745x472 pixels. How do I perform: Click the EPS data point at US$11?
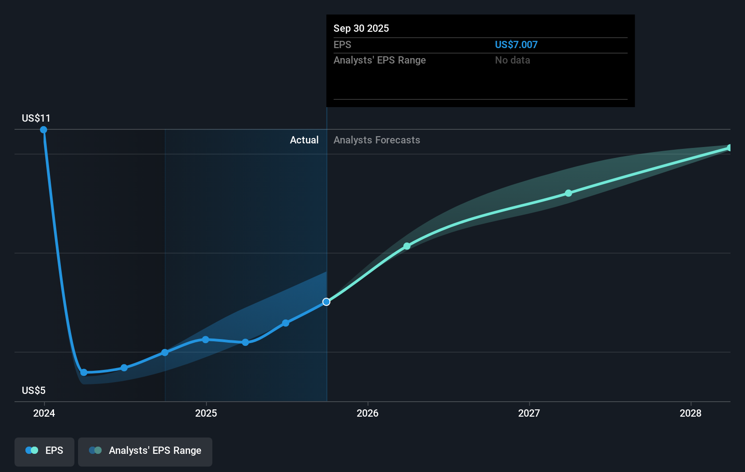coord(44,130)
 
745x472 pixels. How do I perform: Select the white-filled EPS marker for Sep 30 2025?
coord(326,302)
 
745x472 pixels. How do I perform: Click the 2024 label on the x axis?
coord(44,413)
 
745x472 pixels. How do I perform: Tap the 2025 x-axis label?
coord(206,413)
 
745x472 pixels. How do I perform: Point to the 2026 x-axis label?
coord(368,413)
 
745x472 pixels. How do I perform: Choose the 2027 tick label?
coord(529,413)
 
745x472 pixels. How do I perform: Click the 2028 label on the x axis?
coord(691,413)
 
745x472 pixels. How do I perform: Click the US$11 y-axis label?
coord(36,118)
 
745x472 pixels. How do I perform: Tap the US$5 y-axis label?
coord(34,390)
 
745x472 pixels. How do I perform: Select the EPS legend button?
coord(44,451)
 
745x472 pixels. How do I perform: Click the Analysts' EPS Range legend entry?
coord(145,451)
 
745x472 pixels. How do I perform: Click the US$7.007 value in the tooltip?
coord(516,44)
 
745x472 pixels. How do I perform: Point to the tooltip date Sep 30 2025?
coord(361,28)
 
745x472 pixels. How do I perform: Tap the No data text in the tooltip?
coord(512,60)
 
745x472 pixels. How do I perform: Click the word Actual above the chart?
coord(304,140)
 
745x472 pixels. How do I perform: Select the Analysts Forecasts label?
coord(377,140)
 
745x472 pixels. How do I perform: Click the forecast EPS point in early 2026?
coord(407,246)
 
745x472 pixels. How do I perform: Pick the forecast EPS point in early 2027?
coord(569,193)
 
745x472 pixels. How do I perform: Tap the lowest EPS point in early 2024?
coord(84,373)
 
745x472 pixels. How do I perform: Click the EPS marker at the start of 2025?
coord(206,339)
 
